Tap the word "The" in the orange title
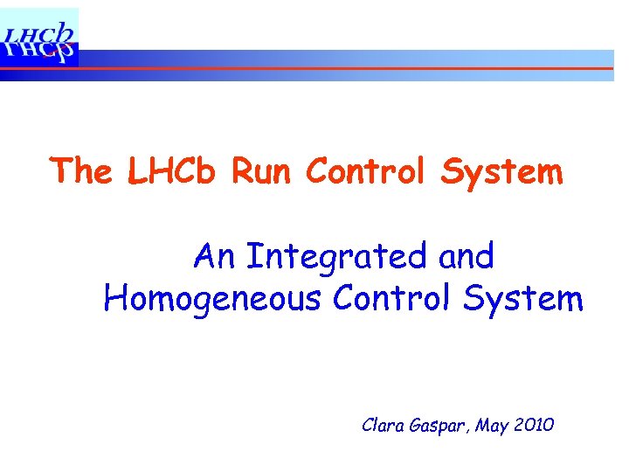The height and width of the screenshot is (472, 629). pos(81,171)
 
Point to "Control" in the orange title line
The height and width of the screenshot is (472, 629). pos(368,171)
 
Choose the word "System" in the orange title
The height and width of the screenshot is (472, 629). pos(501,171)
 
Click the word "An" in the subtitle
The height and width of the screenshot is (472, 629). pos(214,257)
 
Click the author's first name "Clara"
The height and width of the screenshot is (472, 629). pos(381,426)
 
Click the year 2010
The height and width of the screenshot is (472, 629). pos(535,426)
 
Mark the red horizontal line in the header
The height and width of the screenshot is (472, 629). pos(349,68)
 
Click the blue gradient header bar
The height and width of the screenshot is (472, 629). pos(349,59)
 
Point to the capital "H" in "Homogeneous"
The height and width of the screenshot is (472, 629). pos(114,299)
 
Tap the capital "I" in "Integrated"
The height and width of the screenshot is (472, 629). pos(252,257)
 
